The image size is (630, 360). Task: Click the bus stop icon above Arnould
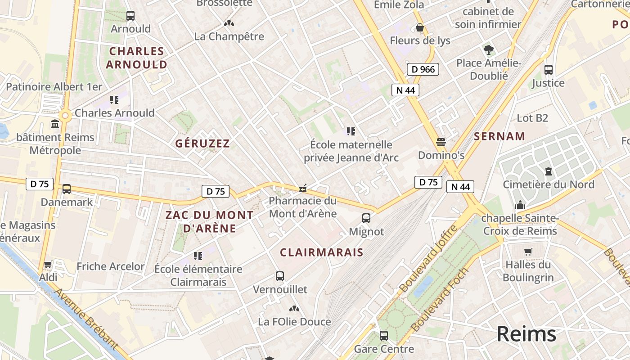pyautogui.click(x=130, y=16)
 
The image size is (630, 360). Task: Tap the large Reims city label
pyautogui.click(x=526, y=334)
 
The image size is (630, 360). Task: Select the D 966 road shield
pyautogui.click(x=423, y=69)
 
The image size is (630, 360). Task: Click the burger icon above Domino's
pyautogui.click(x=441, y=142)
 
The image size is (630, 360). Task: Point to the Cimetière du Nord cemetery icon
pyautogui.click(x=549, y=171)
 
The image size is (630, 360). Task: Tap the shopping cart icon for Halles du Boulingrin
pyautogui.click(x=528, y=252)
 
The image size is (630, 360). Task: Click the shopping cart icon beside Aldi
pyautogui.click(x=48, y=264)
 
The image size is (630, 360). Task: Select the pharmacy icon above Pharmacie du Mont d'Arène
pyautogui.click(x=303, y=188)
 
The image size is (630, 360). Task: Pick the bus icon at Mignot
pyautogui.click(x=366, y=218)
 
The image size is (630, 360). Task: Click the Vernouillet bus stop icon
pyautogui.click(x=280, y=276)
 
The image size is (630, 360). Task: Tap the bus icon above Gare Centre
pyautogui.click(x=384, y=336)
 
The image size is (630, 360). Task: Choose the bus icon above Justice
pyautogui.click(x=549, y=70)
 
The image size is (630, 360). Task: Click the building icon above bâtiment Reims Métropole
pyautogui.click(x=55, y=124)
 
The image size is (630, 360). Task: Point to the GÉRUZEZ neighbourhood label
pyautogui.click(x=202, y=144)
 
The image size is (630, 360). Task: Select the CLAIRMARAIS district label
pyautogui.click(x=321, y=252)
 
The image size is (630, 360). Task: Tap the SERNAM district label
pyautogui.click(x=499, y=136)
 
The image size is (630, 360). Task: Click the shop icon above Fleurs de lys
pyautogui.click(x=420, y=28)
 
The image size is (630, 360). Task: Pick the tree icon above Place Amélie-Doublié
pyautogui.click(x=488, y=49)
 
